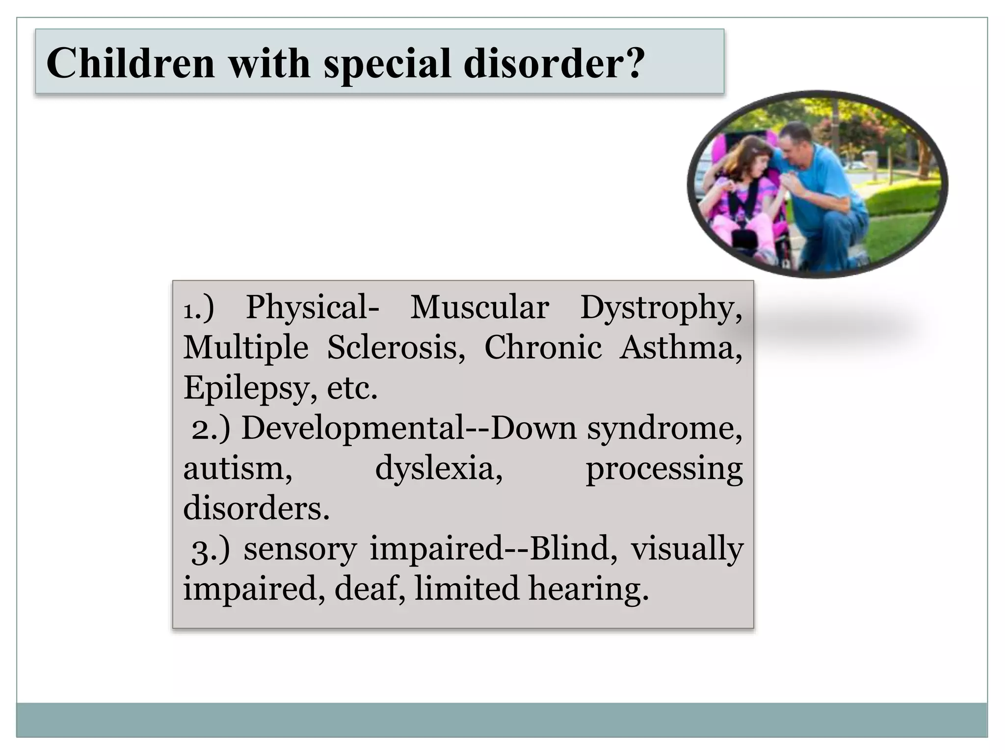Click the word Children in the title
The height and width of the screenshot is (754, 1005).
(x=131, y=63)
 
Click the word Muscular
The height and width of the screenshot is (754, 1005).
(x=479, y=308)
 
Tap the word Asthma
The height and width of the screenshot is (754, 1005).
(x=680, y=348)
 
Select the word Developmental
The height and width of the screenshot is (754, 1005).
(x=353, y=429)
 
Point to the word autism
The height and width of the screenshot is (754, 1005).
(x=238, y=468)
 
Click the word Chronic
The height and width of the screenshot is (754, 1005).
(x=543, y=348)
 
